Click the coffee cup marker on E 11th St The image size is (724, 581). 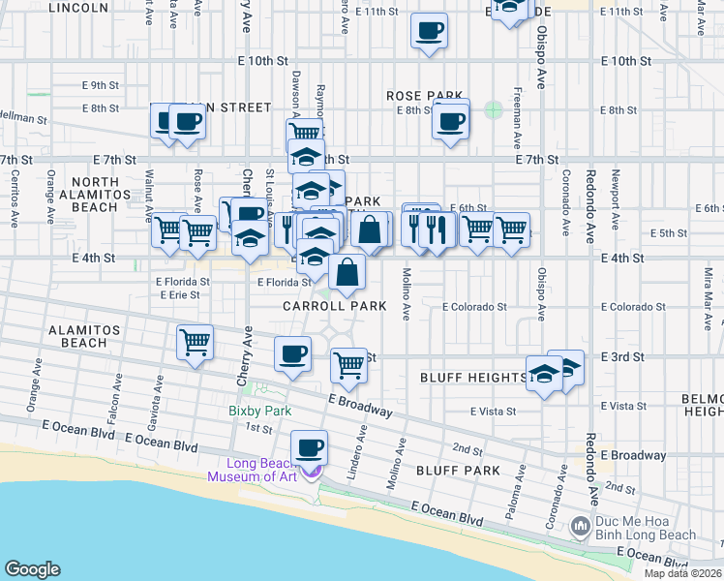tap(429, 30)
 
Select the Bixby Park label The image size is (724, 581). tap(260, 411)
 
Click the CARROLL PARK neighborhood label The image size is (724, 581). tap(335, 306)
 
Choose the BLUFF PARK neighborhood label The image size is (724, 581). tap(458, 471)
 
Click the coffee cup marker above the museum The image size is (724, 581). tap(310, 448)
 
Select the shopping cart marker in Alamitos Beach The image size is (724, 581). tap(195, 342)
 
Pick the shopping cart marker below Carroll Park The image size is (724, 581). tap(348, 366)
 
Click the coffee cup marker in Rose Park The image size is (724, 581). tap(450, 123)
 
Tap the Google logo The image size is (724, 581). tap(32, 569)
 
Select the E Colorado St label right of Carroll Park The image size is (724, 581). tap(474, 307)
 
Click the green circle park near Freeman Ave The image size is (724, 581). tap(494, 110)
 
